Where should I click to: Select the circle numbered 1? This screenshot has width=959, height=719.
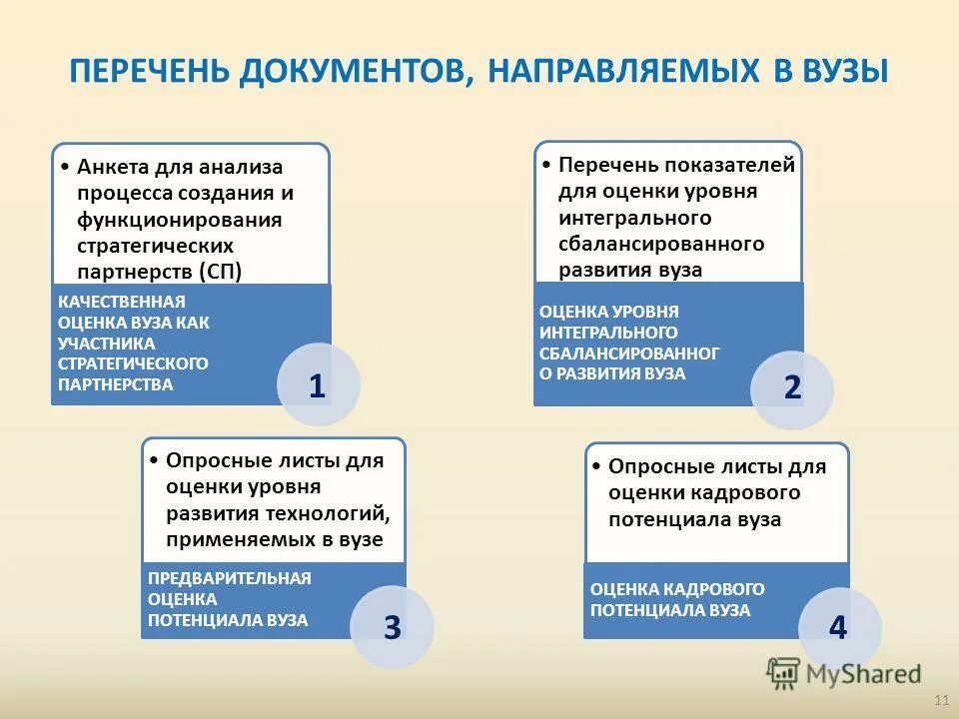(x=318, y=385)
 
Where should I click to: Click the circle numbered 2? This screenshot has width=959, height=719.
(x=792, y=388)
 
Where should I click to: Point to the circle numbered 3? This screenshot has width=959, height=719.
(x=392, y=627)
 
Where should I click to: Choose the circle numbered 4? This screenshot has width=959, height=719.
(x=839, y=627)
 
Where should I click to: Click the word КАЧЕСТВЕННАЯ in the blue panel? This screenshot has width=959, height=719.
(x=122, y=302)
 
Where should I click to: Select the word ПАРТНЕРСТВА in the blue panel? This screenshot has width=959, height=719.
(x=116, y=384)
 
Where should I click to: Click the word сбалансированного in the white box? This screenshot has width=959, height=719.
(x=661, y=244)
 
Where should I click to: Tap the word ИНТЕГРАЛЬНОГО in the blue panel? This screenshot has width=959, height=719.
(x=609, y=332)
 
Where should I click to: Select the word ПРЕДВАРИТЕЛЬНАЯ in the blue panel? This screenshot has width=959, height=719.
(x=230, y=578)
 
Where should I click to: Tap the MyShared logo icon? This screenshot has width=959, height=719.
(x=783, y=673)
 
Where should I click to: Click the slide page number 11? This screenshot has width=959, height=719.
(x=939, y=698)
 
